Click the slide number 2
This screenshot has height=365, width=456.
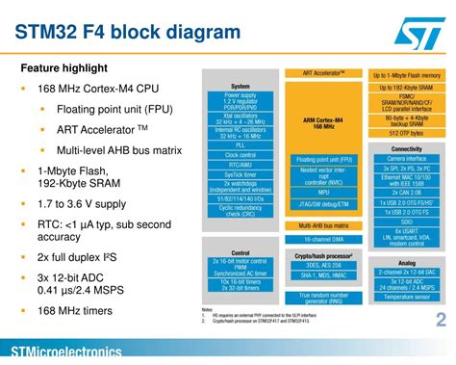coord(441,321)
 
